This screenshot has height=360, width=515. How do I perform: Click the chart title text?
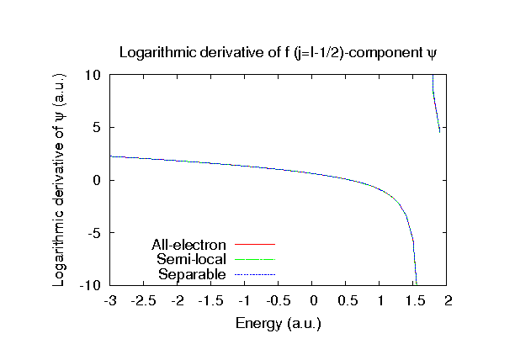(x=279, y=53)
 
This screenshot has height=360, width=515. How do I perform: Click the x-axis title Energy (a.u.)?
(x=279, y=322)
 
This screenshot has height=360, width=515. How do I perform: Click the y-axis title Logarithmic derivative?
(x=60, y=180)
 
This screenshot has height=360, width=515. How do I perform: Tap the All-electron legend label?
(x=189, y=245)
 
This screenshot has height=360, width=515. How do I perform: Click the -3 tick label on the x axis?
(x=109, y=301)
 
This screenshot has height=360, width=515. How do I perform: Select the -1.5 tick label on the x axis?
(x=210, y=301)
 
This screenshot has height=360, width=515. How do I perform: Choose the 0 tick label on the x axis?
(x=313, y=301)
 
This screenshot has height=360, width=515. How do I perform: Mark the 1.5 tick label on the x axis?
(x=414, y=301)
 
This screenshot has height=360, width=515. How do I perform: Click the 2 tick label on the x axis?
(x=449, y=301)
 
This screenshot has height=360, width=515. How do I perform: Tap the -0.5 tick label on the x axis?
(x=278, y=301)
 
